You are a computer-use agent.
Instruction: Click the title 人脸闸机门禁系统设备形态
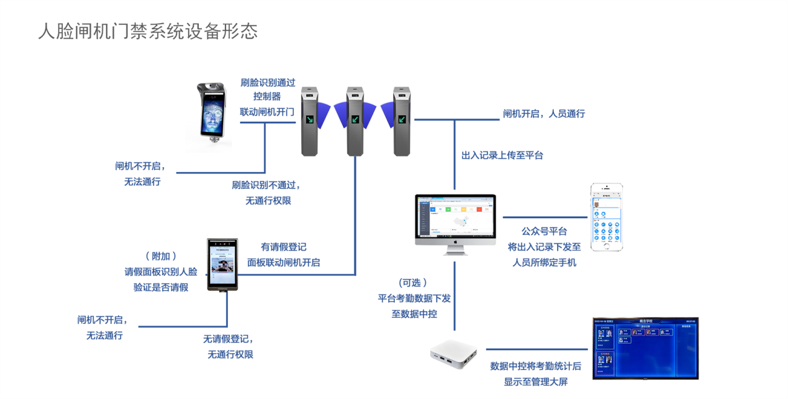click(148, 31)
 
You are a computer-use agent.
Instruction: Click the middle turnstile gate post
click(355, 121)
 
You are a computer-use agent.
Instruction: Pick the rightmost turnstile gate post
click(402, 121)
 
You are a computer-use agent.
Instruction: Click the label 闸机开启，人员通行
click(544, 114)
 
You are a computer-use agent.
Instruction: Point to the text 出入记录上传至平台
click(502, 155)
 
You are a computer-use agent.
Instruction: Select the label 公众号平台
click(544, 231)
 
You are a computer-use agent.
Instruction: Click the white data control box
click(453, 355)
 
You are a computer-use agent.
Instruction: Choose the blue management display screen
click(645, 348)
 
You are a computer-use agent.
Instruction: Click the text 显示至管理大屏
click(536, 382)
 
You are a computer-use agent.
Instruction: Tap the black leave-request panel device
click(222, 265)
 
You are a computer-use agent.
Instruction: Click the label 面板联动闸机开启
click(284, 262)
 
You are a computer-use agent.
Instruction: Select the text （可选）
click(414, 283)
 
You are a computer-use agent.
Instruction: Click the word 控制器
click(267, 96)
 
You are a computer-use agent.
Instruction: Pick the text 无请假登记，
click(229, 339)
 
